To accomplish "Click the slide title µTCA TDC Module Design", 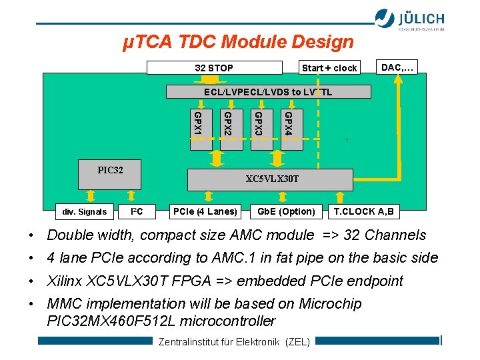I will click(x=238, y=42).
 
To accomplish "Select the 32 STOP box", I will click(x=214, y=67).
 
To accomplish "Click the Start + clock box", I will click(x=329, y=67).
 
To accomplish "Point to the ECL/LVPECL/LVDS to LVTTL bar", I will click(x=267, y=92).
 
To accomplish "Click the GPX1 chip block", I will click(x=199, y=128).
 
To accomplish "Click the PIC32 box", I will click(x=110, y=171).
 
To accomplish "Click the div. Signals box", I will click(x=84, y=212).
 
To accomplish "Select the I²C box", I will click(x=137, y=212).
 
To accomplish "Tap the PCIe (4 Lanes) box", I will click(x=205, y=212).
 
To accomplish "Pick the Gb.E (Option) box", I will click(x=286, y=212).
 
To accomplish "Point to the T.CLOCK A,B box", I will click(x=364, y=212).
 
